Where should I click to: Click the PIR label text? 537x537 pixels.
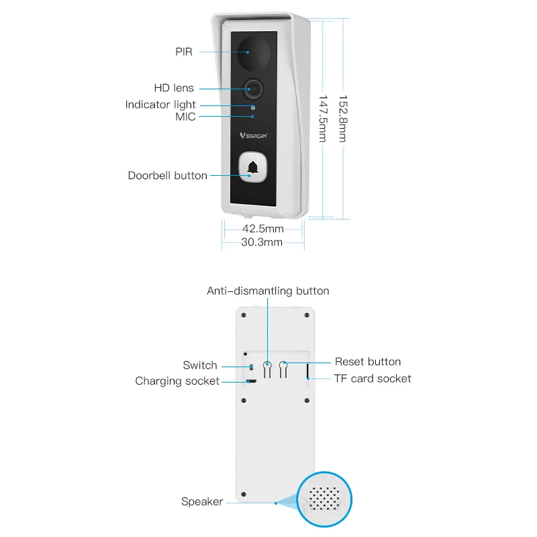click(x=184, y=52)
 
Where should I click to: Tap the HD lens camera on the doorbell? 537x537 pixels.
click(x=254, y=89)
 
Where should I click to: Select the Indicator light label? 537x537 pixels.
click(x=160, y=105)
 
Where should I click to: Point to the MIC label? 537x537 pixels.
click(x=185, y=117)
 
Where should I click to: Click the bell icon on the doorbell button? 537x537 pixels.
click(x=253, y=167)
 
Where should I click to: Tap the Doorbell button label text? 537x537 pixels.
click(x=167, y=175)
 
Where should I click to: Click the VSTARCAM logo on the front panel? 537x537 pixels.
click(x=254, y=136)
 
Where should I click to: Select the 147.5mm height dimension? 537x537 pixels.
click(x=323, y=119)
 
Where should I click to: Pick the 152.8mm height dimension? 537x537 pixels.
click(x=343, y=119)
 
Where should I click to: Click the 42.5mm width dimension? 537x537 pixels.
click(x=263, y=228)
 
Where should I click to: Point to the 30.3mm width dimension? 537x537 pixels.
click(x=262, y=242)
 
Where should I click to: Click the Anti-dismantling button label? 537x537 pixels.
click(x=268, y=291)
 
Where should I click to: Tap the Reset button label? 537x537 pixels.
click(x=368, y=362)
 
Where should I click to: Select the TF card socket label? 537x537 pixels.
click(x=373, y=379)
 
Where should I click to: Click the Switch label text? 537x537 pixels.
click(x=200, y=365)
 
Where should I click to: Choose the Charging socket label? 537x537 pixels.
click(x=177, y=381)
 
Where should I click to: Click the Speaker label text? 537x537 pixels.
click(x=202, y=501)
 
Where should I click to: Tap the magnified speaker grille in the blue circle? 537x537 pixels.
click(x=324, y=499)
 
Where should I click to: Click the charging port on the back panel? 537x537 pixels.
click(x=252, y=381)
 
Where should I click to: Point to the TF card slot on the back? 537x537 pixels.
click(x=307, y=371)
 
